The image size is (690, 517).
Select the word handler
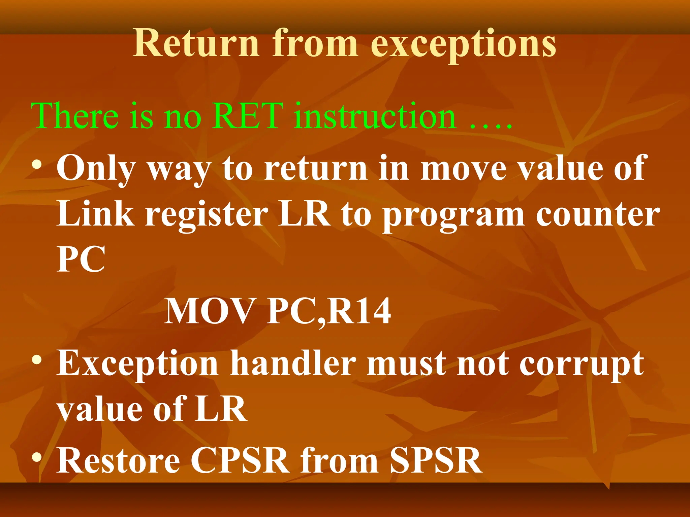[293, 364]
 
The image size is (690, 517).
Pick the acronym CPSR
[240, 460]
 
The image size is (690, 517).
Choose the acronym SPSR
[436, 460]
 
